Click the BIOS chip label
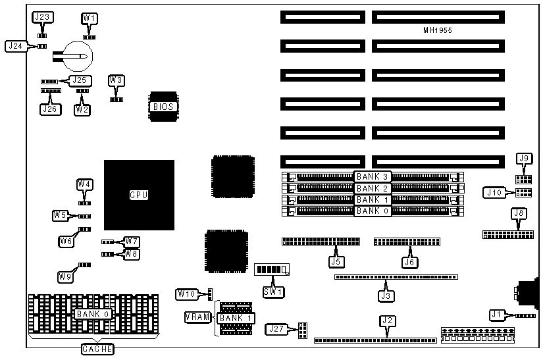coord(163,106)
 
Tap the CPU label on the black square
coord(139,195)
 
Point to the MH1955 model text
coord(438,30)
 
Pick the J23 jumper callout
coord(43,17)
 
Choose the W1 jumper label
coord(90,17)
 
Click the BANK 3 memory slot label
coord(373,176)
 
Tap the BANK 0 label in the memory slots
coord(373,211)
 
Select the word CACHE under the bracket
coord(97,348)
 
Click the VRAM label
coord(197,318)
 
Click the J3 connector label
coord(387,296)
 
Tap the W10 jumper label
coord(186,293)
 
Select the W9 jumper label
coord(65,277)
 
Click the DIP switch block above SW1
coord(272,270)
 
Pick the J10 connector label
coord(494,192)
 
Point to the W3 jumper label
coord(116,80)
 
